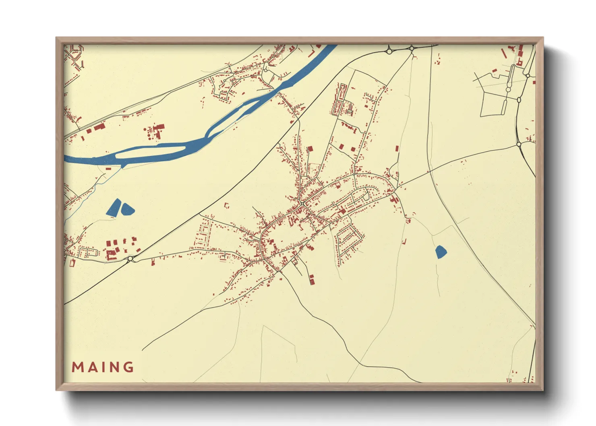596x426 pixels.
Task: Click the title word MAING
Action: pyautogui.click(x=103, y=367)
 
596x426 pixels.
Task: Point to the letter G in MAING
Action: pyautogui.click(x=128, y=367)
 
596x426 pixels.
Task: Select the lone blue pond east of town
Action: pyautogui.click(x=441, y=252)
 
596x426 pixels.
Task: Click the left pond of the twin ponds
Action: pyautogui.click(x=114, y=207)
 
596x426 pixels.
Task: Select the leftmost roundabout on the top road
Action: pyautogui.click(x=389, y=51)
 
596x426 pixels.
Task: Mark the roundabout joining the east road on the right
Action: pyautogui.click(x=519, y=144)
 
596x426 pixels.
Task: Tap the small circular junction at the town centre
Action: pyautogui.click(x=302, y=205)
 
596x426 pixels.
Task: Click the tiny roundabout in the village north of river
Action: pyautogui.click(x=266, y=70)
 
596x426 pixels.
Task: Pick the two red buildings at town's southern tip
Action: pyautogui.click(x=311, y=279)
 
